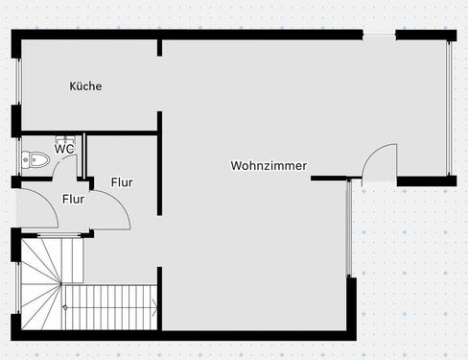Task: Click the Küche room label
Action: click(x=85, y=86)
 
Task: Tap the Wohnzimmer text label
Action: click(x=269, y=165)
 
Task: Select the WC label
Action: click(x=64, y=149)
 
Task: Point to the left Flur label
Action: click(x=74, y=200)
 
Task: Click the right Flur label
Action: click(x=122, y=182)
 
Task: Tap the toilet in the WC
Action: click(x=35, y=159)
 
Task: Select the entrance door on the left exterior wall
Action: click(x=29, y=206)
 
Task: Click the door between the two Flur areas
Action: click(x=105, y=206)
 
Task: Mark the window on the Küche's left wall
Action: click(x=17, y=86)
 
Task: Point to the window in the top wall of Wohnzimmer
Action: click(x=380, y=36)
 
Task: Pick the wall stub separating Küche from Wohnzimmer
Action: click(x=159, y=86)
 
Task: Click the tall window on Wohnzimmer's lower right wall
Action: click(x=350, y=230)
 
